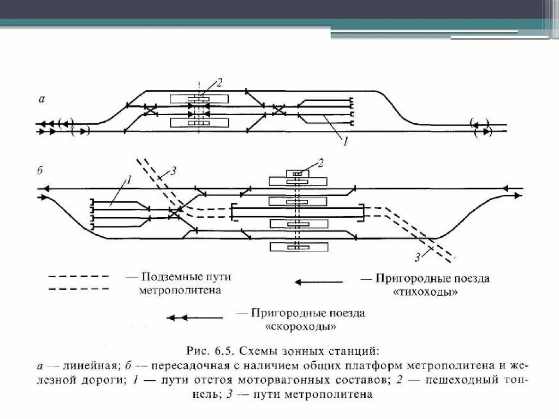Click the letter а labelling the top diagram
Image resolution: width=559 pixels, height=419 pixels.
coord(42,99)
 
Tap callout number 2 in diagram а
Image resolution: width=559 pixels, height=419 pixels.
coord(219,83)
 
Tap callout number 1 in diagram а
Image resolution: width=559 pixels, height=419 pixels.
coord(344,142)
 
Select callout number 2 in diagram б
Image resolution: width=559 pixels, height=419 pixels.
coord(321,162)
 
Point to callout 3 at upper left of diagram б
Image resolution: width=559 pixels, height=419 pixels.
coord(173,170)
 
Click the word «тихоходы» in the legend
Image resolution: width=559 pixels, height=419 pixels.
coord(425,292)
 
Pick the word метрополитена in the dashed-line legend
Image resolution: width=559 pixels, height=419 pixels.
coord(180,291)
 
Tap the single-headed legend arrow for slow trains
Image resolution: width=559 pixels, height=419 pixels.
coord(319,282)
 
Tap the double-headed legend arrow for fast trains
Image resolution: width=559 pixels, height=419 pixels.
coord(194,317)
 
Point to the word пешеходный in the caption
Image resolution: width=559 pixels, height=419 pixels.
coord(473,379)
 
